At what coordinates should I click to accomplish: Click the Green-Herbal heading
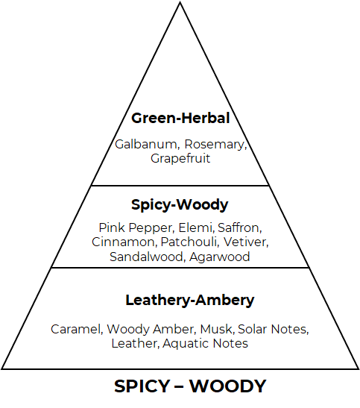(180, 118)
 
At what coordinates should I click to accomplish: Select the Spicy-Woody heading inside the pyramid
(180, 205)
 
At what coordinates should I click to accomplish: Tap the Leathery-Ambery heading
(190, 301)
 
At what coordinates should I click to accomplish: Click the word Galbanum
(147, 145)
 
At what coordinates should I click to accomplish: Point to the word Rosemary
(215, 145)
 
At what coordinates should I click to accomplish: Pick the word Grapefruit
(180, 159)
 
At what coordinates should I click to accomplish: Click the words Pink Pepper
(136, 228)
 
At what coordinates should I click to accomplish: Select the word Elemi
(196, 227)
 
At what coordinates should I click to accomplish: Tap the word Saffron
(239, 227)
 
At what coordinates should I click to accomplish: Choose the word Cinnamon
(124, 242)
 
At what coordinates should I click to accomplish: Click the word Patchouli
(189, 242)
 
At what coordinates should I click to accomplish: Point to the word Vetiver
(245, 242)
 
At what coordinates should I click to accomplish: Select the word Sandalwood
(147, 257)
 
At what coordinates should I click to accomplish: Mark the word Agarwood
(220, 257)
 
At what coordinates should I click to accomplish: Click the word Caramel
(76, 329)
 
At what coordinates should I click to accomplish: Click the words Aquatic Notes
(206, 344)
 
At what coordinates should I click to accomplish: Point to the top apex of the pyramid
(180, 2)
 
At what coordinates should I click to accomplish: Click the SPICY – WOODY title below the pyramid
(190, 386)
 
